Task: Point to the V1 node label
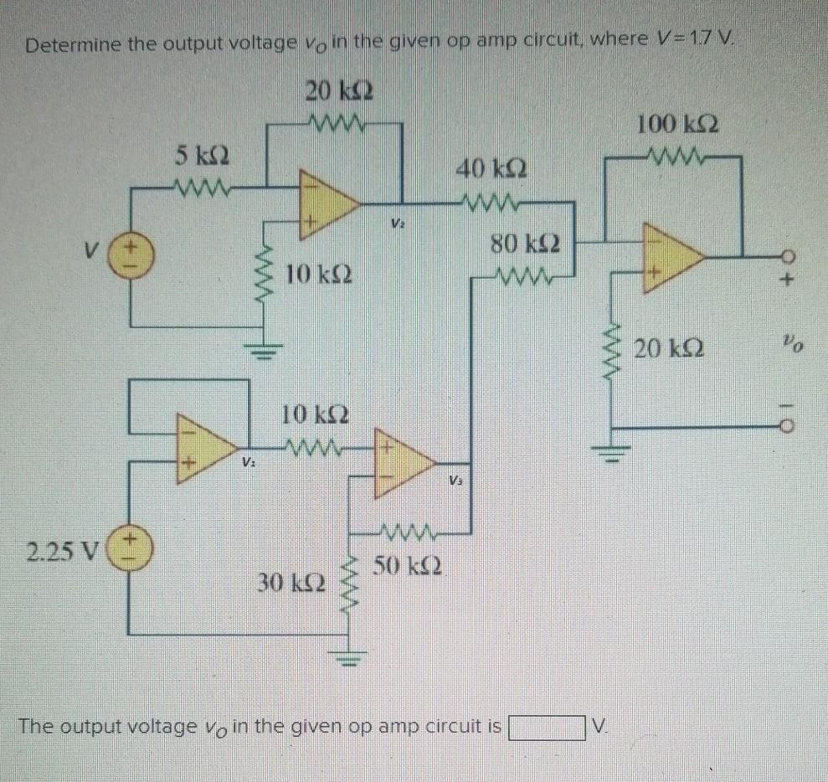(249, 463)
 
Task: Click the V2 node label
(395, 224)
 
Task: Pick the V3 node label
(455, 481)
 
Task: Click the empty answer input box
(544, 727)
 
